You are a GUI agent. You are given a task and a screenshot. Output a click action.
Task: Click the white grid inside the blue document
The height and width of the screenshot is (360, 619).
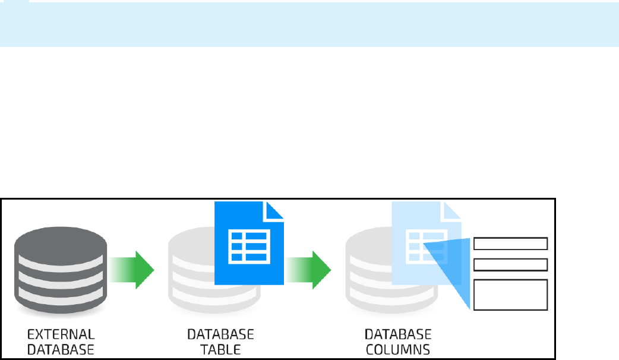(x=248, y=245)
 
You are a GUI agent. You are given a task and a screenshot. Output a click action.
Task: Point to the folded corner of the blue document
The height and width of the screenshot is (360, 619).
(x=273, y=211)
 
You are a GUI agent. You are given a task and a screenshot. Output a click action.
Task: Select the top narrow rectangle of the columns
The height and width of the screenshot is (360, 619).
(x=510, y=244)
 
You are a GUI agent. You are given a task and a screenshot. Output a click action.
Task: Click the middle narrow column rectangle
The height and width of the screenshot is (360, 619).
(x=510, y=265)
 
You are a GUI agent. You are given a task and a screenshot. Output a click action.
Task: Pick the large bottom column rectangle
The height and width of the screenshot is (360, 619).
(x=510, y=295)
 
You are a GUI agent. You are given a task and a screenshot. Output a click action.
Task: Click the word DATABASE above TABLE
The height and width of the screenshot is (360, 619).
(x=220, y=333)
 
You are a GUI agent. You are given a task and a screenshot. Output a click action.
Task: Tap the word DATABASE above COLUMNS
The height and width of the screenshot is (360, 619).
(x=397, y=333)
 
